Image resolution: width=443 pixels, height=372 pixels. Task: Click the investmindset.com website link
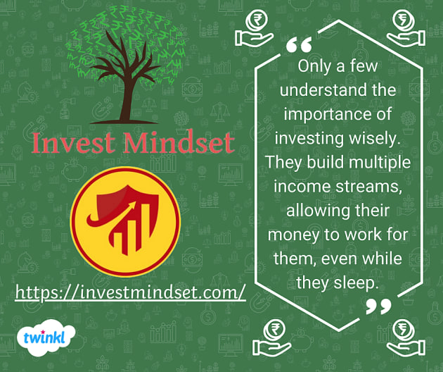click(x=130, y=291)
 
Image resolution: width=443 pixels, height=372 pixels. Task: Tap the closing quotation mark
click(x=379, y=306)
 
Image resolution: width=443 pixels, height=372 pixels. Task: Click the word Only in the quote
click(x=314, y=67)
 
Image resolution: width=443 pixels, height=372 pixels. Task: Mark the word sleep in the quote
click(x=359, y=283)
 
